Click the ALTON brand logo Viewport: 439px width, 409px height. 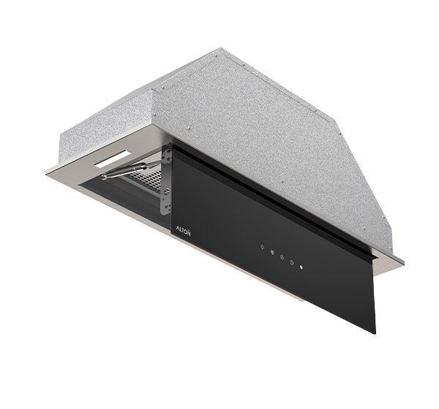184,231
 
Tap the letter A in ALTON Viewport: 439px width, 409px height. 178,229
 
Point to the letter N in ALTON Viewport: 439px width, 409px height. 189,233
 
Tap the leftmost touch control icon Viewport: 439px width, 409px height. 262,247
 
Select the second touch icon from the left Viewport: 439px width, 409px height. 272,252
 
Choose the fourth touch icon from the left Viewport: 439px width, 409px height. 291,262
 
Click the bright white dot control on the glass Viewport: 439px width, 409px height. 301,267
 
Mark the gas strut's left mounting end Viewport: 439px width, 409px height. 104,176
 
